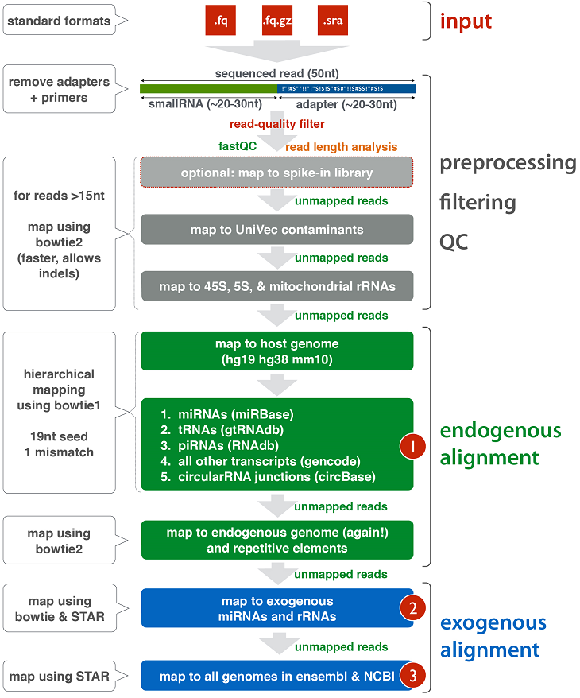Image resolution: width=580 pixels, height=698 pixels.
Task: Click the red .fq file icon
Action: (222, 21)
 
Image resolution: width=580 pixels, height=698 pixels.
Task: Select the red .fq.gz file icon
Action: (277, 21)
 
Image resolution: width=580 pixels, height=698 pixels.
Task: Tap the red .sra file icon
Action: (332, 21)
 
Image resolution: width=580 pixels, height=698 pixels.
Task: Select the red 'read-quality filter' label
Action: (276, 124)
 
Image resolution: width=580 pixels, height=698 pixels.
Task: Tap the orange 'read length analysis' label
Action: (342, 146)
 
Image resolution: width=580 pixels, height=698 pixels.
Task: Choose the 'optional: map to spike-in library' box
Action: (276, 173)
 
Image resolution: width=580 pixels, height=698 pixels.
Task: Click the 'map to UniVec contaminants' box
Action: (276, 230)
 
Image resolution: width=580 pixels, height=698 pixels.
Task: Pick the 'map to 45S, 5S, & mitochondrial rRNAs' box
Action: (276, 286)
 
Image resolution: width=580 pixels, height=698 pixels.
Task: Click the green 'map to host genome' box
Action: (276, 351)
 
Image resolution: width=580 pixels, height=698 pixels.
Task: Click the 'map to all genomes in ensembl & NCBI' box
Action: (270, 676)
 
